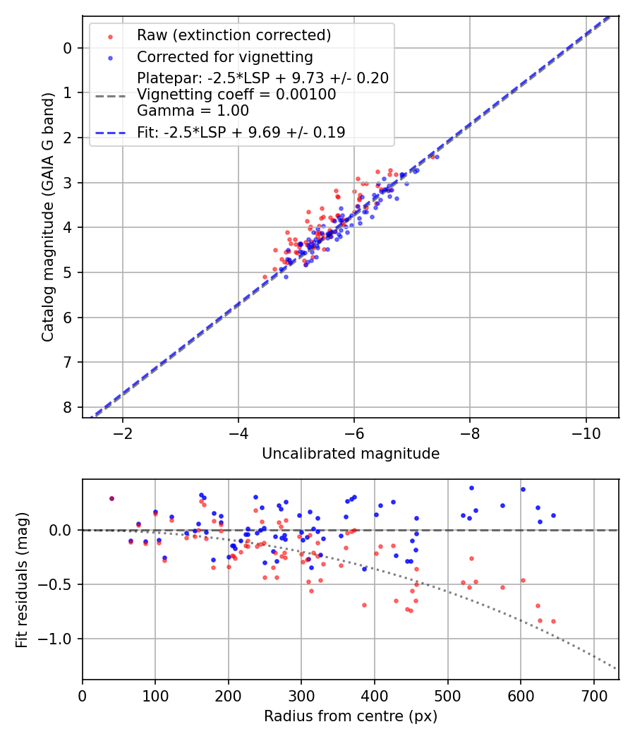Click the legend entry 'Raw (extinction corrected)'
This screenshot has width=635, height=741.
234,35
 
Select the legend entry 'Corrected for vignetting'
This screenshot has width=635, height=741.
224,56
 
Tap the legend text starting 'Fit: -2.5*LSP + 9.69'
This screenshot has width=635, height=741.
241,132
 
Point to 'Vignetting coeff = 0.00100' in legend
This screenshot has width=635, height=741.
236,95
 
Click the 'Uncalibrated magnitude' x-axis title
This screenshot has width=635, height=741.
351,454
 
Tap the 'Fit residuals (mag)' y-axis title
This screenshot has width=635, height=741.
22,579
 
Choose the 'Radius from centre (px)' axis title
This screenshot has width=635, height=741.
351,716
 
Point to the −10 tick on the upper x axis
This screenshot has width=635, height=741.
585,432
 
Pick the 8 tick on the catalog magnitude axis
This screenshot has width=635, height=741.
68,408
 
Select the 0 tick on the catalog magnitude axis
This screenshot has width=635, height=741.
68,48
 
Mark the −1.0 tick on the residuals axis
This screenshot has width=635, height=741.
60,639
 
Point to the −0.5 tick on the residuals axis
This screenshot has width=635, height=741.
60,585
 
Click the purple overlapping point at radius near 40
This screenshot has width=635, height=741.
111,498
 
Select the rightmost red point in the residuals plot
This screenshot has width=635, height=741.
553,621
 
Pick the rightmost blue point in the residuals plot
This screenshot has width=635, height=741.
553,515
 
